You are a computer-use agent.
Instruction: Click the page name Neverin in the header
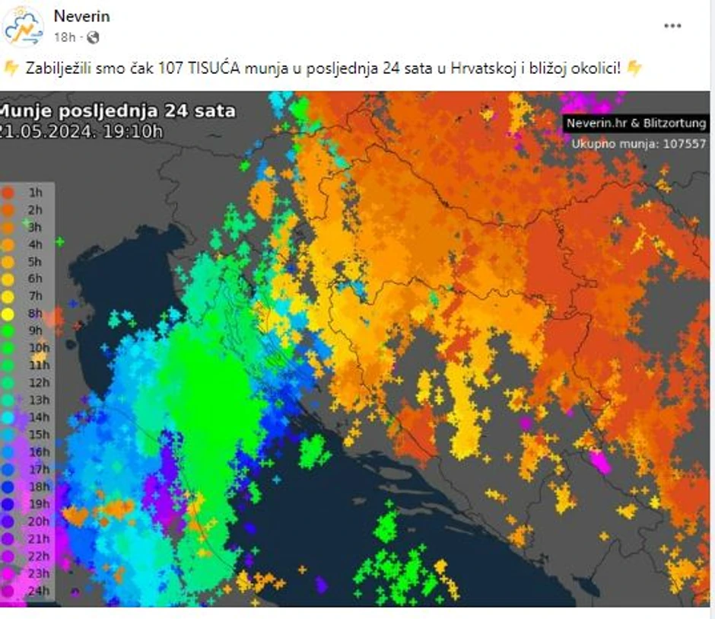coord(81,16)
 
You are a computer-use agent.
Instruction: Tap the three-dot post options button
coord(672,26)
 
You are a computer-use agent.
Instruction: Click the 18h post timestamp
coord(65,37)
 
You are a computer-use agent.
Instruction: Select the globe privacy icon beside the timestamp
coord(93,37)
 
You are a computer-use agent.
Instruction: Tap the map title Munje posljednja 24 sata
coord(118,111)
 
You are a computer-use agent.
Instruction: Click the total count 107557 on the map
coord(682,143)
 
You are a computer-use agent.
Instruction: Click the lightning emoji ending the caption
coord(634,69)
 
